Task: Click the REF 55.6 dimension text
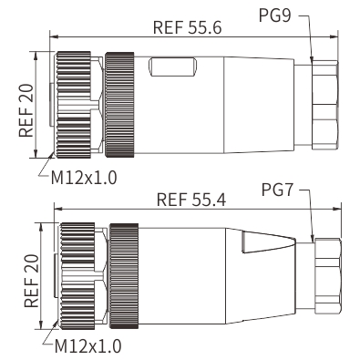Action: pyautogui.click(x=188, y=27)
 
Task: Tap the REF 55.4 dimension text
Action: pyautogui.click(x=191, y=200)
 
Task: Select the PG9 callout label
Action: pyautogui.click(x=275, y=15)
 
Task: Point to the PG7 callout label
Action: pyautogui.click(x=277, y=190)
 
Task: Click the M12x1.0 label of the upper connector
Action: pyautogui.click(x=84, y=178)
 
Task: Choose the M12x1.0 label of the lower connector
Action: pyautogui.click(x=88, y=346)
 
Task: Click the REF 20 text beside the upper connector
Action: pyautogui.click(x=26, y=110)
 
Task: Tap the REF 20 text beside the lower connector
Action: pyautogui.click(x=32, y=281)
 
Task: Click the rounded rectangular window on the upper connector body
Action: pyautogui.click(x=172, y=67)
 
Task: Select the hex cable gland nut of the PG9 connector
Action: pyautogui.click(x=324, y=105)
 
